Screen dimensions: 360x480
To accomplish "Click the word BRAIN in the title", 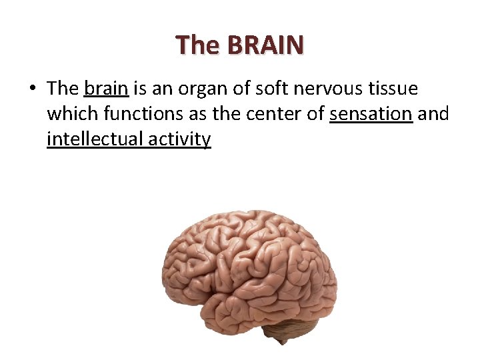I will (x=265, y=45).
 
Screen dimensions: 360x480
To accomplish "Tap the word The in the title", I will (x=197, y=45).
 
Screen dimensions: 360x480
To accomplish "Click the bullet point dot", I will (x=33, y=89).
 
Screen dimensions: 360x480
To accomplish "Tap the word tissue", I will (x=395, y=89).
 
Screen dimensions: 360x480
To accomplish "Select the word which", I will (x=71, y=114).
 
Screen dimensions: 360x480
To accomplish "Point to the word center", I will (x=275, y=115).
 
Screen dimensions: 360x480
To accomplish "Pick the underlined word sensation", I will (x=371, y=114).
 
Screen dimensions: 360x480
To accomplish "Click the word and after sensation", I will (x=433, y=114).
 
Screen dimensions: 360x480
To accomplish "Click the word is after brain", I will (x=139, y=89).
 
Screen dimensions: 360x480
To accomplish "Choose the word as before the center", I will (x=198, y=115).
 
